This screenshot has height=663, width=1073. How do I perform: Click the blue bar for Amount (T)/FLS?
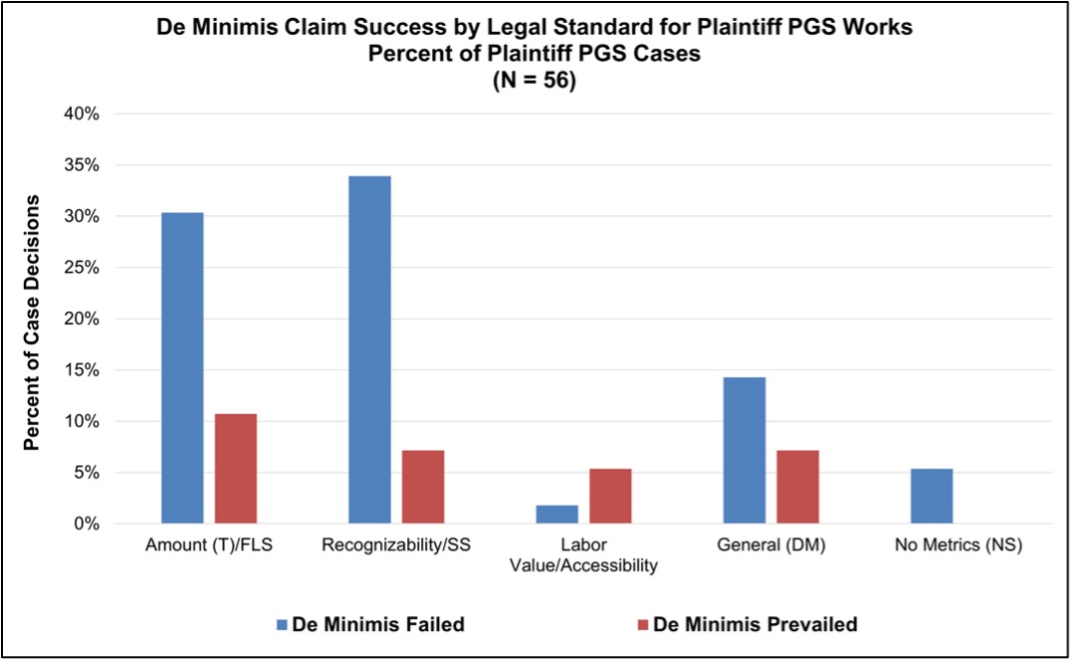[x=181, y=368]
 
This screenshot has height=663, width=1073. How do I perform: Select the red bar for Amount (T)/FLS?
[x=235, y=469]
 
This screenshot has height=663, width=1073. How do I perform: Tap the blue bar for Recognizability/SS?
[x=369, y=349]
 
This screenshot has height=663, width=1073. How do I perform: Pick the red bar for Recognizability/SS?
[x=423, y=487]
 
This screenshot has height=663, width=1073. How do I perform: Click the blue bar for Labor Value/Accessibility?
[x=556, y=514]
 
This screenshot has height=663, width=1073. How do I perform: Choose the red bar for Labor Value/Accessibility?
[x=610, y=496]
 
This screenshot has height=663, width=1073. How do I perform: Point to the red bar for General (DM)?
[x=797, y=487]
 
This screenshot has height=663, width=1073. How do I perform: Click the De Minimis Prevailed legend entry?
[x=748, y=625]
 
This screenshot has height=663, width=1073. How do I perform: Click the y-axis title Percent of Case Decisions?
[x=32, y=322]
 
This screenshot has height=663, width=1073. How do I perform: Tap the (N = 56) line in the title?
[x=536, y=82]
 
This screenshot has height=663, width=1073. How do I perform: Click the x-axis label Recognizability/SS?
[x=396, y=547]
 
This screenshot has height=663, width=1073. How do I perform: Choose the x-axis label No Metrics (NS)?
[x=959, y=547]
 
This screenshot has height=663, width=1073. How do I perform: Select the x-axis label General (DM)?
[x=771, y=547]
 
